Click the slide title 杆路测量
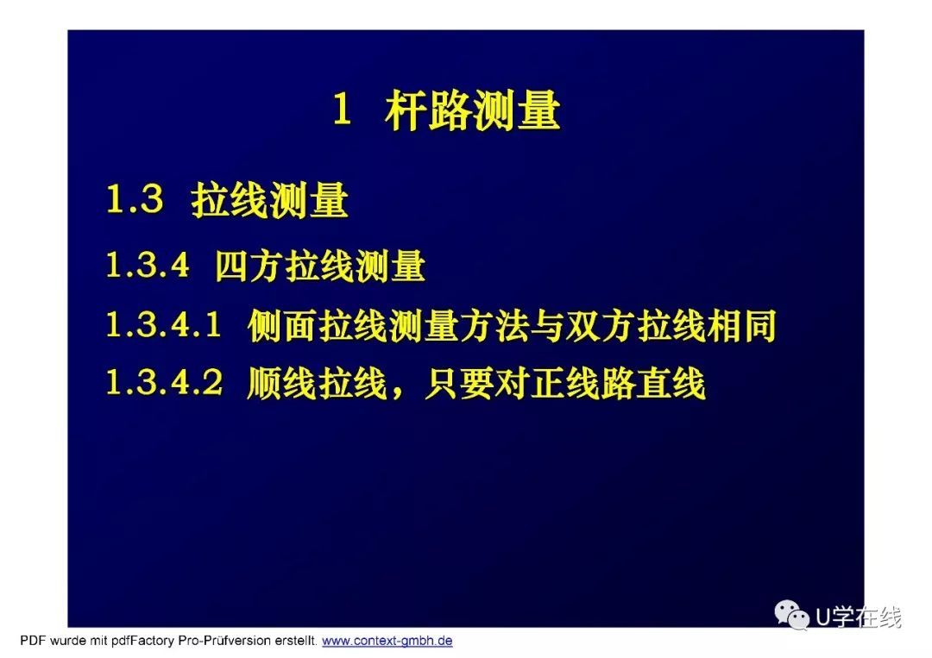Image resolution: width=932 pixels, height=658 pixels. [x=473, y=110]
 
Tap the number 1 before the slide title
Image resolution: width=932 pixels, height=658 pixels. [x=342, y=110]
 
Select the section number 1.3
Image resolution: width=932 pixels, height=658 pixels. [x=135, y=198]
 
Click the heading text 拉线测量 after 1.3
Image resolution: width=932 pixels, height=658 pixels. [x=269, y=199]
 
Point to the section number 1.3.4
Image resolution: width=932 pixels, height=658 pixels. [x=148, y=264]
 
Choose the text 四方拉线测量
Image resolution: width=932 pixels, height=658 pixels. [x=320, y=266]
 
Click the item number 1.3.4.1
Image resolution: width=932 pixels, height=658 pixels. [x=163, y=325]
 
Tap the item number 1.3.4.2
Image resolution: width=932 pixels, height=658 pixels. [x=164, y=382]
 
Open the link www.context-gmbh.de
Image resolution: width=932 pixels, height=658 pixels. [x=387, y=641]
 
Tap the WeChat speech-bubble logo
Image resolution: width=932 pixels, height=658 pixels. [x=791, y=614]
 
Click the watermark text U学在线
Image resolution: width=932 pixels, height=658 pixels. [x=859, y=617]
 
